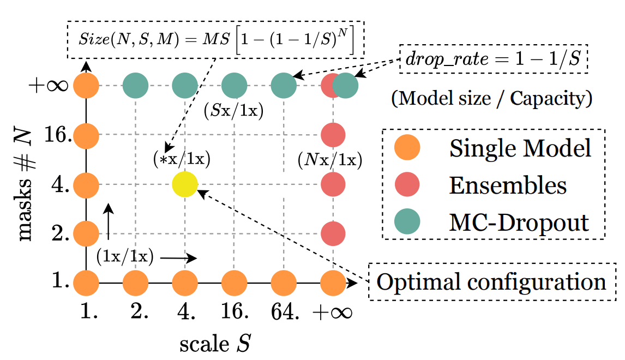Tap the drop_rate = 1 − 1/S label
click(493, 59)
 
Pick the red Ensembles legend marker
click(407, 185)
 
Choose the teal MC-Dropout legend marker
click(407, 222)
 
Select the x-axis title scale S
click(217, 344)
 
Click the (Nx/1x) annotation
click(330, 160)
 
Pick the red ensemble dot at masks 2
click(333, 233)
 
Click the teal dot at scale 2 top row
click(136, 86)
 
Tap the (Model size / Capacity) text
click(492, 99)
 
